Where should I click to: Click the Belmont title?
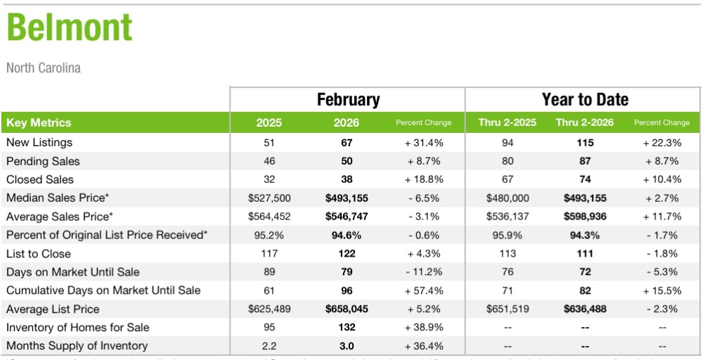point(69,29)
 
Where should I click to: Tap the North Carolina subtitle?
point(44,68)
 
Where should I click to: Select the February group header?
point(347,99)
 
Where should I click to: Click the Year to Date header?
point(584,99)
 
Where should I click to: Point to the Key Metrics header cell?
point(39,122)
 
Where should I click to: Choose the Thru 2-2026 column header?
point(584,122)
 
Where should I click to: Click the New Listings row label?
point(39,143)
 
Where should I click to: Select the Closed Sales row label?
point(40,179)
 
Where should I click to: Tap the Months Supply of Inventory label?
point(77,345)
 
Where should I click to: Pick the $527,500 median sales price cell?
point(269,198)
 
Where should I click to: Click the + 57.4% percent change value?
point(424,290)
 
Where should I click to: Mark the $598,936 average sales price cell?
point(584,217)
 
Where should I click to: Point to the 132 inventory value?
point(346,327)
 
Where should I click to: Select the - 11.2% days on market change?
point(424,272)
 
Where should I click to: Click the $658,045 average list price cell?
point(346,309)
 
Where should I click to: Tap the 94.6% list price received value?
point(346,235)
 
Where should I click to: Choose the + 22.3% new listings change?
point(661,143)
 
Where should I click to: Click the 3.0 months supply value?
point(346,345)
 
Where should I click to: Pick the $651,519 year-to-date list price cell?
point(507,309)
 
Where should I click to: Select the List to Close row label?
point(39,254)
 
